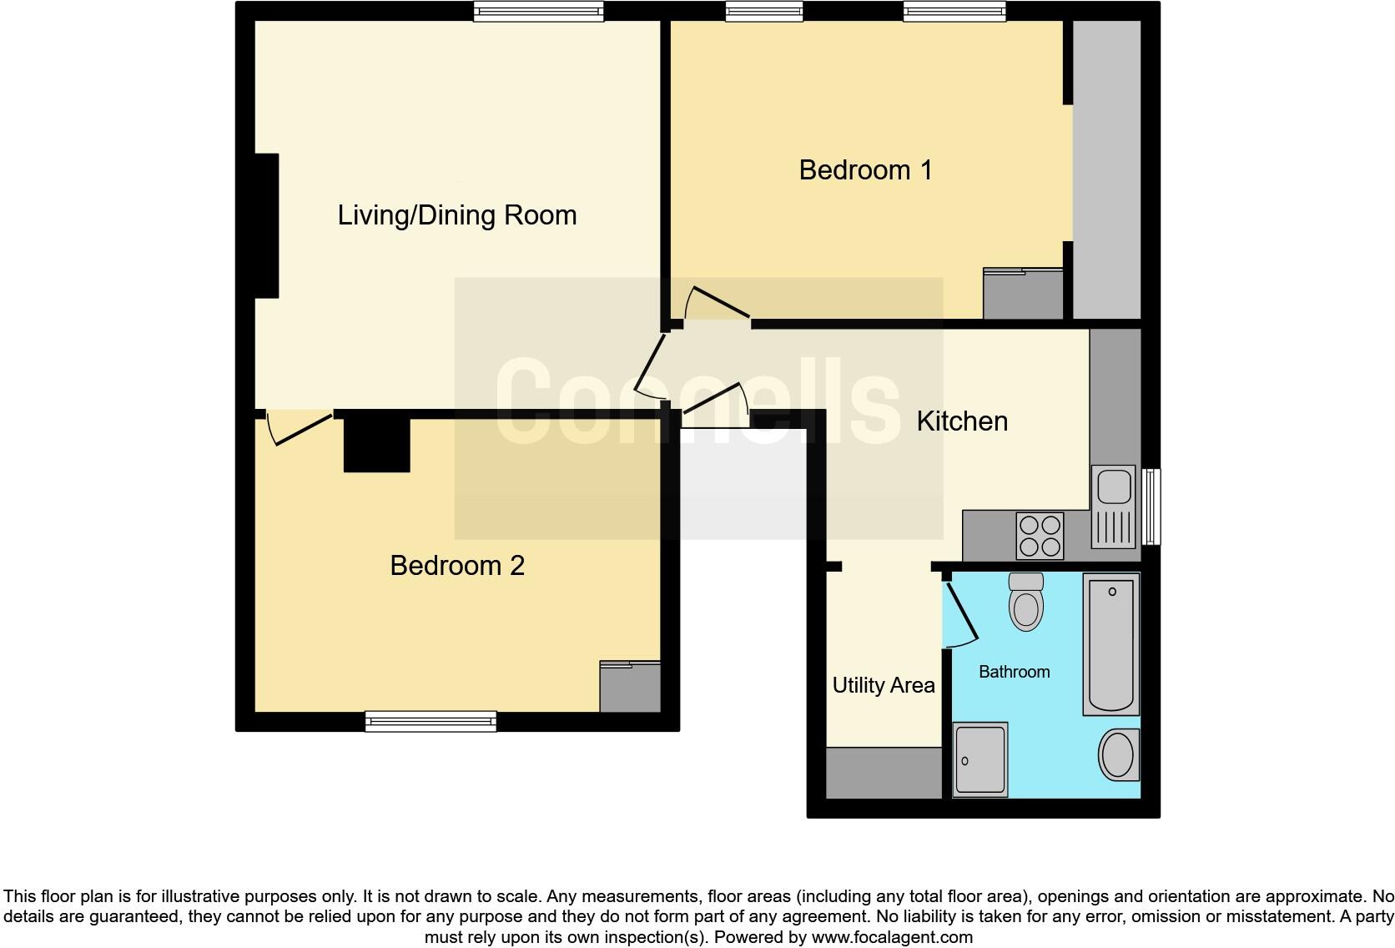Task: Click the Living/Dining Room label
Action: [x=457, y=215]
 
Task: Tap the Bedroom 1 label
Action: [x=866, y=170]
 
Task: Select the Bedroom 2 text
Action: [x=457, y=566]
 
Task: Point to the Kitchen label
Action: [x=962, y=421]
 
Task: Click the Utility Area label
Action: [x=884, y=685]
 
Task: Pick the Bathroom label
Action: [x=1015, y=672]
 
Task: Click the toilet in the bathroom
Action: [x=1025, y=602]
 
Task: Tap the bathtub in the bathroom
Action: [x=1111, y=644]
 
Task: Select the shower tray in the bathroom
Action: [x=980, y=759]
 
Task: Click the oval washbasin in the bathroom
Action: [x=1119, y=755]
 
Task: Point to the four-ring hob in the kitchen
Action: [x=1040, y=536]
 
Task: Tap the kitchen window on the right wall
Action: [x=1151, y=507]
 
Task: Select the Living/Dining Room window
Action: [x=538, y=11]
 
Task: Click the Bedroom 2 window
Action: [x=431, y=721]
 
